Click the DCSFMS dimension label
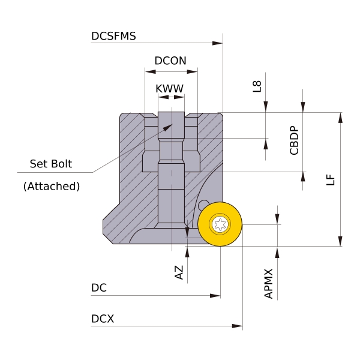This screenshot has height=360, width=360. coord(113,36)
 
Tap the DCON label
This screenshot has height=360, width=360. coord(170,61)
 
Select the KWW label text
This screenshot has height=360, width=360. coord(169,89)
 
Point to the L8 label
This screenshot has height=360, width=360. coord(257,86)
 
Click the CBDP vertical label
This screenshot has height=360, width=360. coord(294,140)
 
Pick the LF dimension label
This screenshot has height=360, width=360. coord(329,179)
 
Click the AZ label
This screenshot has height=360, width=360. coord(179,272)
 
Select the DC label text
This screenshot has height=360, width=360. coord(99,288)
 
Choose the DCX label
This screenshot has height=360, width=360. coord(103,319)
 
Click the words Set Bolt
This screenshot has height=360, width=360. coord(51,164)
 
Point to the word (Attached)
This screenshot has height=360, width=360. coord(52,186)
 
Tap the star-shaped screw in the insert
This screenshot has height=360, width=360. coord(220,225)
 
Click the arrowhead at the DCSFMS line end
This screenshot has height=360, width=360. coord(218,43)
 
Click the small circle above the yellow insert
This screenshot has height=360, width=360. coord(203,205)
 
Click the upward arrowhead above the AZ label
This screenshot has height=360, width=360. coord(187,251)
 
